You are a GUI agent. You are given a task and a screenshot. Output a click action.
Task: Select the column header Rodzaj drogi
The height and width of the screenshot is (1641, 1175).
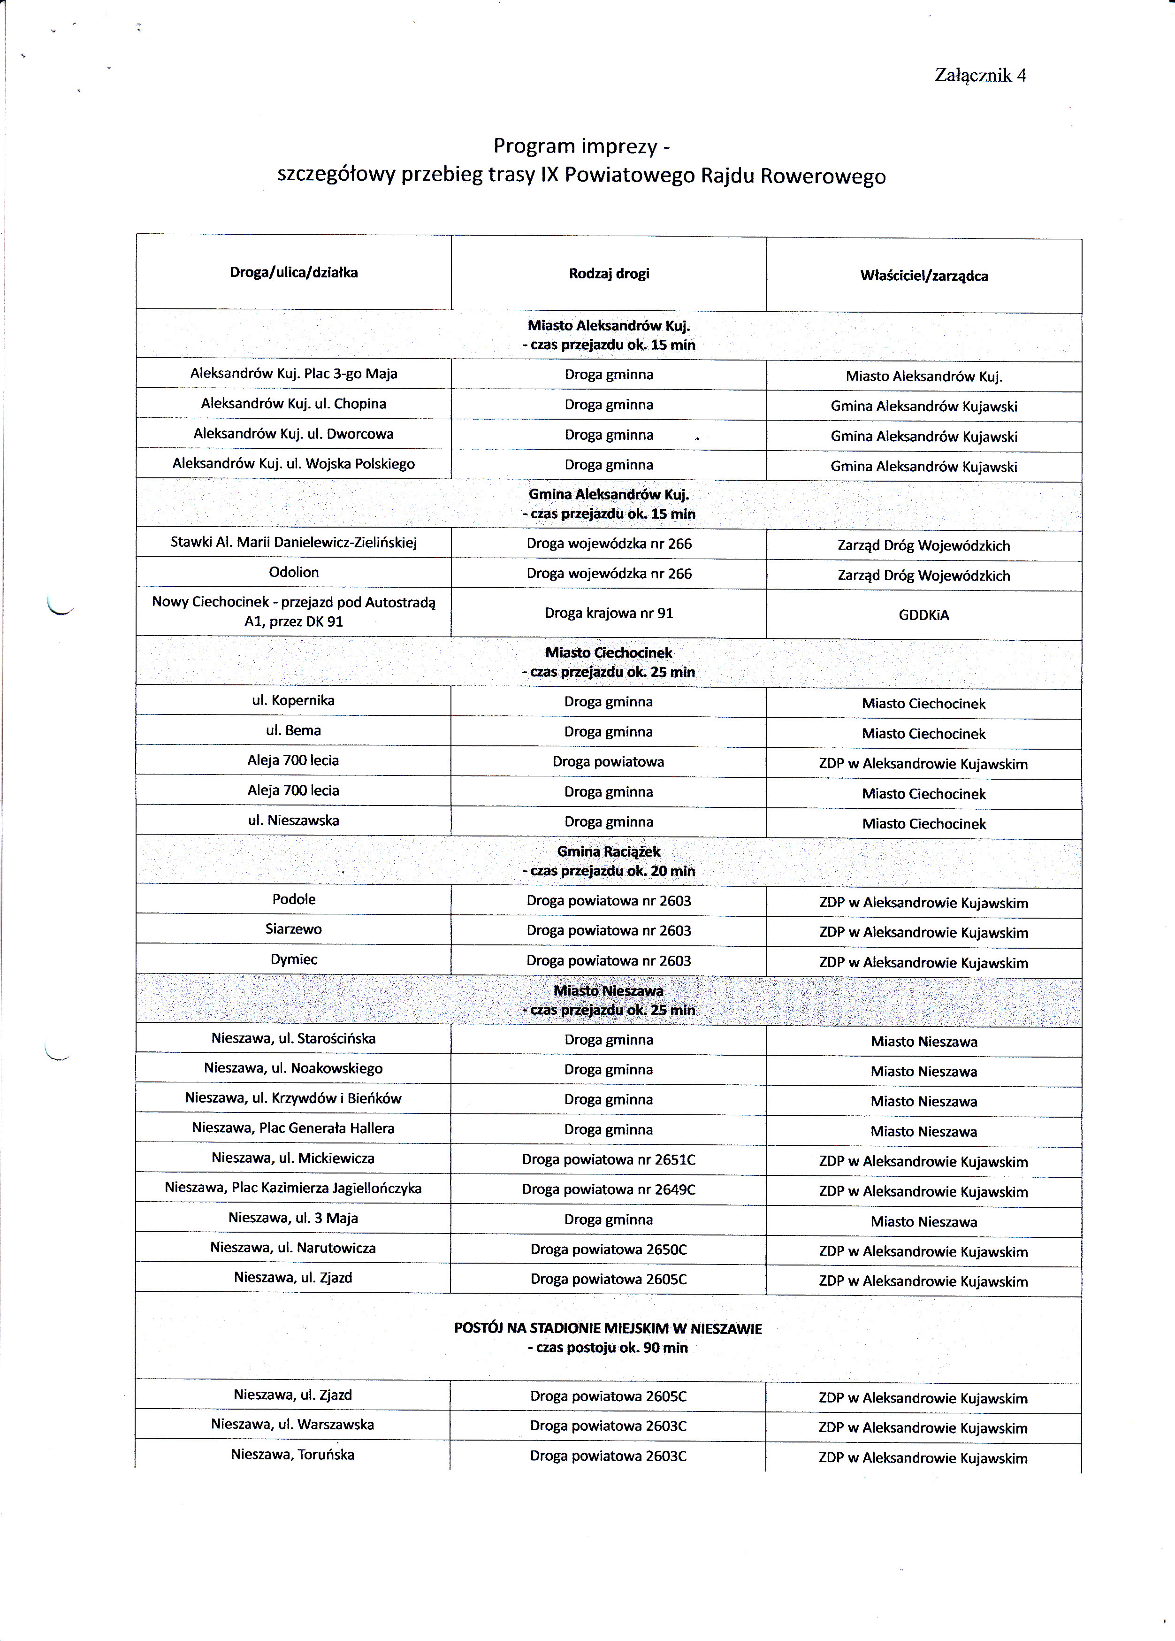609,274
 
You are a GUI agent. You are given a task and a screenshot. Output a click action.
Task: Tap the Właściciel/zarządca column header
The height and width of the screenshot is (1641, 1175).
924,276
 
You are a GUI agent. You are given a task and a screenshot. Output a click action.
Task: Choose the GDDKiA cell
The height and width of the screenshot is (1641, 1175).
924,615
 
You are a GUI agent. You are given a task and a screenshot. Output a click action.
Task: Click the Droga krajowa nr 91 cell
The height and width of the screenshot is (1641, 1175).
609,613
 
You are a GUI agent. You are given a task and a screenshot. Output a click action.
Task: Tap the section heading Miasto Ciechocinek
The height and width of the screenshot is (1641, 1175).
609,652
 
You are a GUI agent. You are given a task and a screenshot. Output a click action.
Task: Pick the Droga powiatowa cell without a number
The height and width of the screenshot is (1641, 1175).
609,762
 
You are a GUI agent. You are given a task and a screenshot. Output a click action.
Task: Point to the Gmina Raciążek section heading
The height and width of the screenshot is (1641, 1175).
609,852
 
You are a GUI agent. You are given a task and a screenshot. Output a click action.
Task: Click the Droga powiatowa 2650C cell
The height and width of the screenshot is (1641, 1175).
609,1249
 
